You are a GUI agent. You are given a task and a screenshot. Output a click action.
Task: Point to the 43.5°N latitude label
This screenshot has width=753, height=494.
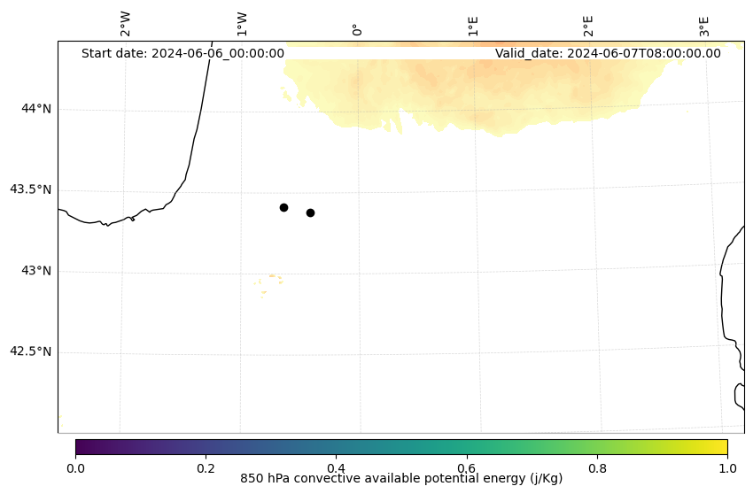pyautogui.click(x=30, y=189)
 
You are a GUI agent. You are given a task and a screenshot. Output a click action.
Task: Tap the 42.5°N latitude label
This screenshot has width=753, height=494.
pyautogui.click(x=30, y=351)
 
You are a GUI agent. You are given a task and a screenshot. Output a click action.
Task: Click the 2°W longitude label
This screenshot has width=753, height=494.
pyautogui.click(x=125, y=25)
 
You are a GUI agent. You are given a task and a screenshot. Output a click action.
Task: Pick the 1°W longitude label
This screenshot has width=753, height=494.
pyautogui.click(x=241, y=25)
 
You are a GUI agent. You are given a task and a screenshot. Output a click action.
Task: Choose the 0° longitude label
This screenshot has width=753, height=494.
pyautogui.click(x=356, y=29)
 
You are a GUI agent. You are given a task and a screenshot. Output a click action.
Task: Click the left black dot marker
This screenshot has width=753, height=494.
pyautogui.click(x=283, y=207)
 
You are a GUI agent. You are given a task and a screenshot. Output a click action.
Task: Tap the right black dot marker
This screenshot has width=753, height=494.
pyautogui.click(x=310, y=212)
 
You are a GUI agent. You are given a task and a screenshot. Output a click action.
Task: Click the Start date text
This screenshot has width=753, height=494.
pyautogui.click(x=182, y=53)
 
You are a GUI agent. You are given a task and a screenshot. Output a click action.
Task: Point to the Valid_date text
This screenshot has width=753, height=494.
pyautogui.click(x=608, y=53)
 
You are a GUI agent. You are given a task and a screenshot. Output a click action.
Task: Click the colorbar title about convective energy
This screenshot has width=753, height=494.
pyautogui.click(x=401, y=479)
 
